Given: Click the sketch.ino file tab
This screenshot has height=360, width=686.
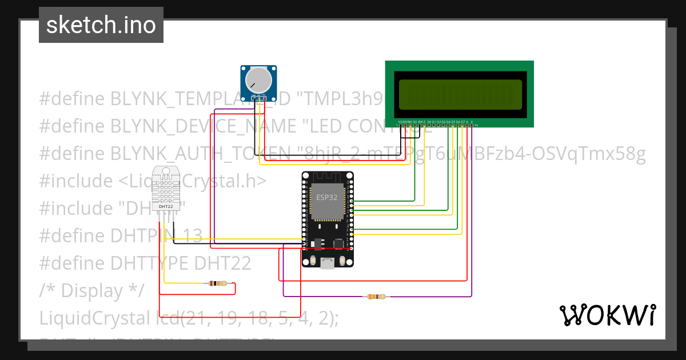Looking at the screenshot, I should click(101, 25).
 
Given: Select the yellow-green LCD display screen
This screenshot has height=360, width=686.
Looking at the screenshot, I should click(460, 94).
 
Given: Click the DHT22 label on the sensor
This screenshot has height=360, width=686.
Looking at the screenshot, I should click(165, 206).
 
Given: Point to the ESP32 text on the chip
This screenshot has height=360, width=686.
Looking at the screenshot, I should click(327, 197).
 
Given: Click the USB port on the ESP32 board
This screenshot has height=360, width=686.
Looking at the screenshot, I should click(328, 262).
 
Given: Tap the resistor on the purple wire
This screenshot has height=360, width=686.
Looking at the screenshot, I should click(377, 297).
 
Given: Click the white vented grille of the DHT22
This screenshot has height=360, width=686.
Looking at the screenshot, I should click(166, 185).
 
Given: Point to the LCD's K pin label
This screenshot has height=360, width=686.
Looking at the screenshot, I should click(472, 122).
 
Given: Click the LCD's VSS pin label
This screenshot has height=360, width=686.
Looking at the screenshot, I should click(400, 122).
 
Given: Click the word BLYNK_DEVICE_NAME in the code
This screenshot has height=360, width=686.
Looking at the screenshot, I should click(203, 126).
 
